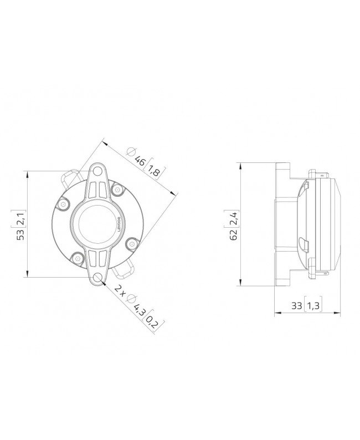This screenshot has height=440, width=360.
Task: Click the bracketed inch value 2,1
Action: (x=20, y=217)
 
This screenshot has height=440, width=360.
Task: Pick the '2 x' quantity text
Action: (x=120, y=289)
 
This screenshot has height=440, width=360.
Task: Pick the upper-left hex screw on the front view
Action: (x=64, y=204)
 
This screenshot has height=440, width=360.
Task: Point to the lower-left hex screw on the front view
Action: (x=76, y=257)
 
